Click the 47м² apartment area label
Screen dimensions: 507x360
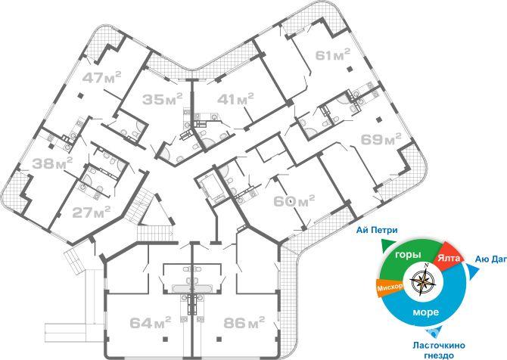[102, 77]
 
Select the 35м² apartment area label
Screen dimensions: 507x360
[163, 99]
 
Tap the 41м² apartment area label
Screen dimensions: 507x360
[235, 98]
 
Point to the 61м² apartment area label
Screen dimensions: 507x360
[333, 54]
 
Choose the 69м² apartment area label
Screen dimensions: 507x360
[381, 139]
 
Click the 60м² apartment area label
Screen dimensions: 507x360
[294, 201]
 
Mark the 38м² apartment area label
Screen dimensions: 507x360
[52, 163]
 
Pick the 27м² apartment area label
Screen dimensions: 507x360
[91, 212]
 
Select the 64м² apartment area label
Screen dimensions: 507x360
[150, 322]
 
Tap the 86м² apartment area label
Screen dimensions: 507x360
[244, 322]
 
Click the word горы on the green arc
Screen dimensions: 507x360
[408, 255]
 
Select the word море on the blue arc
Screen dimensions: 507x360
[426, 312]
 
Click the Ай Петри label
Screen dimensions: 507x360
[377, 231]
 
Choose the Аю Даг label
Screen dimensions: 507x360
[491, 259]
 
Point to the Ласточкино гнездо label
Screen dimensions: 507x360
[438, 350]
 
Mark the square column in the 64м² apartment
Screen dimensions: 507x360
[165, 339]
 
